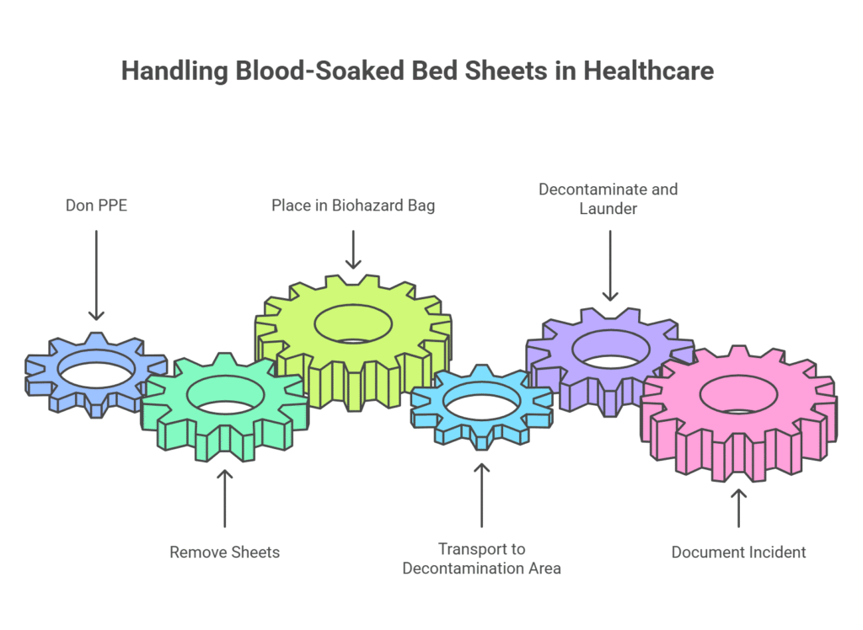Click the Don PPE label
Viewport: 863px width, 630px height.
click(96, 205)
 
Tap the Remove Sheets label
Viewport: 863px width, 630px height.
click(224, 553)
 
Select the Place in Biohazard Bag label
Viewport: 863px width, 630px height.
click(353, 205)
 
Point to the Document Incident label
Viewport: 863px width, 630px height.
click(738, 553)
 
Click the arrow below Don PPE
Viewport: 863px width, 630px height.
click(96, 275)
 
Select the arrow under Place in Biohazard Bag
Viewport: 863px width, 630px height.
click(353, 248)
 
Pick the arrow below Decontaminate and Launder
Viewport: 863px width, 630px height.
click(609, 265)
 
